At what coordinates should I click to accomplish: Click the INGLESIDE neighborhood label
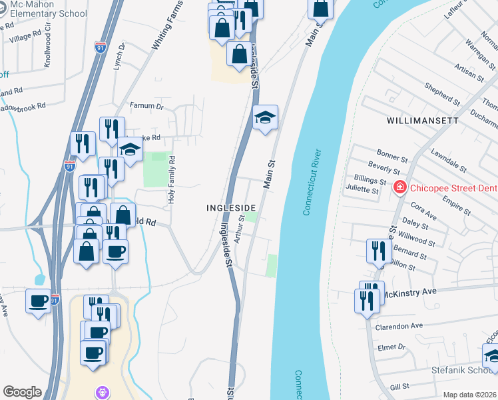pyautogui.click(x=230, y=208)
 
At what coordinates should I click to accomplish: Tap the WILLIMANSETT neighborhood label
pyautogui.click(x=421, y=121)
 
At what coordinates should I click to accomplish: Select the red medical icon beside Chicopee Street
pyautogui.click(x=399, y=188)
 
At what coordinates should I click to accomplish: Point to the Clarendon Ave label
pyautogui.click(x=399, y=325)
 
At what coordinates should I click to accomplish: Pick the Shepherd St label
pyautogui.click(x=443, y=95)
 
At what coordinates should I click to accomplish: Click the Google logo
pyautogui.click(x=22, y=392)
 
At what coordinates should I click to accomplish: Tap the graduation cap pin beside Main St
pyautogui.click(x=265, y=118)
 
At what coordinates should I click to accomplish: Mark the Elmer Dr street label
pyautogui.click(x=392, y=347)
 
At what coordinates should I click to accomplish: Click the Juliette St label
pyautogui.click(x=362, y=189)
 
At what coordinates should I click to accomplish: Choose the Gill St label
pyautogui.click(x=399, y=387)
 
